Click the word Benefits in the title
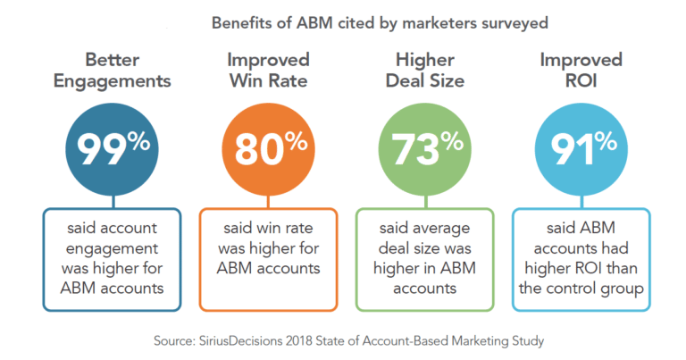pos(239,23)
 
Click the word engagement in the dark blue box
pos(108,247)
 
